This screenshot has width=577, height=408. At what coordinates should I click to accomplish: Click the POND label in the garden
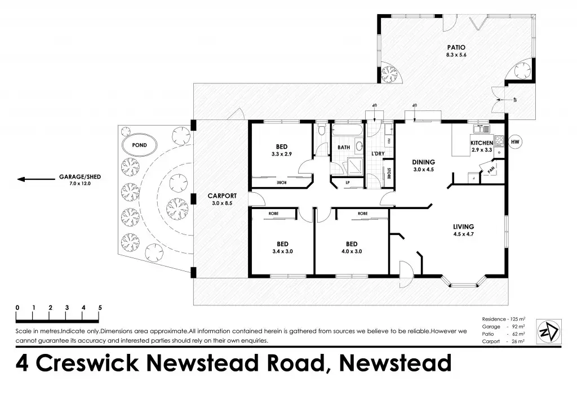coord(139,145)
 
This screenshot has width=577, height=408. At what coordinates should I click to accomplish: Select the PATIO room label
coord(455,47)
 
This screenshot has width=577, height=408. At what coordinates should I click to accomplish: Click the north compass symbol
coord(549,329)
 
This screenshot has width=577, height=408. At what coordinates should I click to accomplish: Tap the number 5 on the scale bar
coord(100,307)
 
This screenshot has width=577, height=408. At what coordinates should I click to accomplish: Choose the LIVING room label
coord(464,227)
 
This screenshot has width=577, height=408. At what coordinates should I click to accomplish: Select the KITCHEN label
coord(482,143)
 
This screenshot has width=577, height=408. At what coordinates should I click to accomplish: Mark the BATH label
coord(344,148)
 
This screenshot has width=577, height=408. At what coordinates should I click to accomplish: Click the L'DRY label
coord(378,154)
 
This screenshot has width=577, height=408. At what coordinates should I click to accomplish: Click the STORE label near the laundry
coord(389,173)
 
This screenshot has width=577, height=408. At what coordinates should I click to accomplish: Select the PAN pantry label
coord(491,168)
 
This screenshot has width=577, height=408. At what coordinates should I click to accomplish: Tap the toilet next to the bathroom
coord(321,131)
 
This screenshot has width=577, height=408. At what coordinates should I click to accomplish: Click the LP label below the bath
coord(347,183)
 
